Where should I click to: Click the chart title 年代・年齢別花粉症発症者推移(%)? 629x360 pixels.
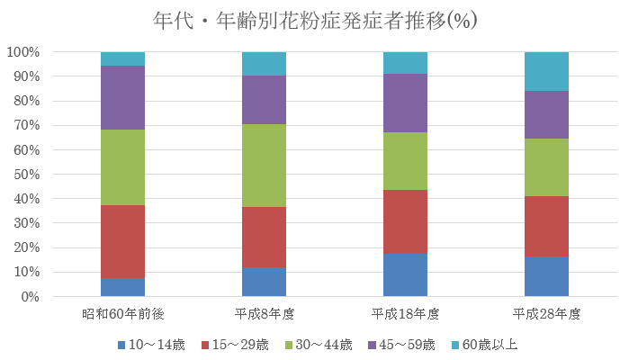314,20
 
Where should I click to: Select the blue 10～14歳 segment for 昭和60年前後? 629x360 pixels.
122,287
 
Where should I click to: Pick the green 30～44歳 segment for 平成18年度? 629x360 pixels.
405,161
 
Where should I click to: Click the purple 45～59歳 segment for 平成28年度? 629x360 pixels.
546,114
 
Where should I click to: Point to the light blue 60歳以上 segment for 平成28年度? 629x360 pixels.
546,71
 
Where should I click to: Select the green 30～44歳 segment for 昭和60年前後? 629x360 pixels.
122,167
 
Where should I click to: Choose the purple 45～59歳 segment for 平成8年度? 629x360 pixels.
264,100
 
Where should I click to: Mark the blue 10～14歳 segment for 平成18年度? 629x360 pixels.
405,274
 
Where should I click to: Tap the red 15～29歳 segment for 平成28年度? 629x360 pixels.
546,227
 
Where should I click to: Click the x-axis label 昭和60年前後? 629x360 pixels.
122,314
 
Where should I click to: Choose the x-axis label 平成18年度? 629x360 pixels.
405,314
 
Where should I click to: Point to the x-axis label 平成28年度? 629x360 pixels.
546,314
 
